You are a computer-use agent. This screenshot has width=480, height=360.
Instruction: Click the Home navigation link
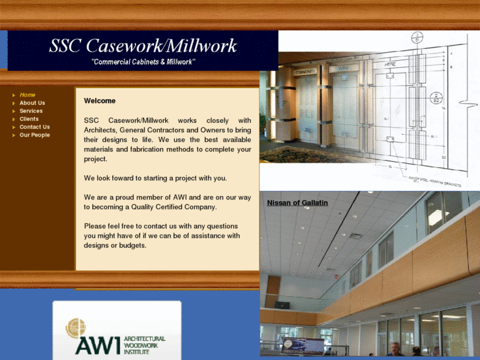[x=27, y=95]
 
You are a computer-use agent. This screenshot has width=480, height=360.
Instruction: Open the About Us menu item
[x=32, y=103]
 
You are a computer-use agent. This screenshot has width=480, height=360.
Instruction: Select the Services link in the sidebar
[x=30, y=111]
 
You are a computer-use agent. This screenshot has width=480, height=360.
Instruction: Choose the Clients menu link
[x=29, y=119]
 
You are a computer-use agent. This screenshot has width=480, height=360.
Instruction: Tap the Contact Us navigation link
[x=34, y=127]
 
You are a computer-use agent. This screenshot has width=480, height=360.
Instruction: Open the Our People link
[x=34, y=135]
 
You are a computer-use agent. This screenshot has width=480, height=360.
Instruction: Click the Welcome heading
[x=100, y=101]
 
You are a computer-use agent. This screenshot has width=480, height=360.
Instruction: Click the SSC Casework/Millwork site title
[x=143, y=46]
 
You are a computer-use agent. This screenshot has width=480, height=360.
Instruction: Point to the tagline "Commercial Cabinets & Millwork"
[x=143, y=62]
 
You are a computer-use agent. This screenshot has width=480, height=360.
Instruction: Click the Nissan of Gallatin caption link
[x=297, y=203]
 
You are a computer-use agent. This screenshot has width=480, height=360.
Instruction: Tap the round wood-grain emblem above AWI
[x=76, y=328]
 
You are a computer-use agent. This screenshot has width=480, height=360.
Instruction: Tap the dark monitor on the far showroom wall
[x=283, y=305]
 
